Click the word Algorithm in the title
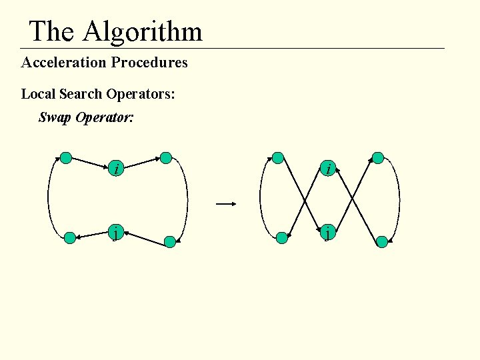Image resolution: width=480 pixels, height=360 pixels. tap(142, 31)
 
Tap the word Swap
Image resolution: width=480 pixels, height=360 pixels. tap(55, 118)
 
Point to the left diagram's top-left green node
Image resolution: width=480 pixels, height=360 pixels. tap(66, 158)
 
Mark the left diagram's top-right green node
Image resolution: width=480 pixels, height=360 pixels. tap(166, 158)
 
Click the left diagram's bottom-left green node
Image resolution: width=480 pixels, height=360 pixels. tap(70, 238)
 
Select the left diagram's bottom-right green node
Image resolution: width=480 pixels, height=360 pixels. tap(170, 242)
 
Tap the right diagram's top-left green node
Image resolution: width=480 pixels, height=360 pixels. tap(278, 158)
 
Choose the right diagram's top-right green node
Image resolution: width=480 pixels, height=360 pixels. tap(378, 158)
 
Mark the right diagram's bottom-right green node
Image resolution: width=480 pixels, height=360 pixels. tap(382, 242)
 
